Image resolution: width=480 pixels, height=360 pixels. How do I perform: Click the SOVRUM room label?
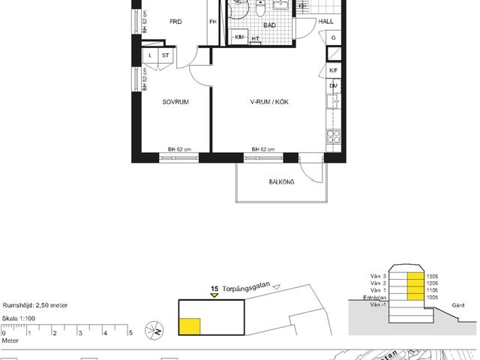(x=175, y=101)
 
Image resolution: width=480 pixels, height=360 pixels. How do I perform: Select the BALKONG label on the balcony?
(x=282, y=182)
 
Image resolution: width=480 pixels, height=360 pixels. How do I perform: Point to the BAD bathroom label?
(x=270, y=25)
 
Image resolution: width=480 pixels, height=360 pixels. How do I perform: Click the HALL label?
(x=326, y=22)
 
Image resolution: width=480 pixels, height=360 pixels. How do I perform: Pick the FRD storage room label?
(x=175, y=22)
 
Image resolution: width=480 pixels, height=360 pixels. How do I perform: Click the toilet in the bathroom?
(x=260, y=8)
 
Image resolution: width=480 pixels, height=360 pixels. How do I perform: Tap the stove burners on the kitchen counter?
(x=333, y=138)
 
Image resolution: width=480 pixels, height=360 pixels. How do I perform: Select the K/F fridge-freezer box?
(x=334, y=70)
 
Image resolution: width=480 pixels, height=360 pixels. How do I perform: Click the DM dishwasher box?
(x=334, y=87)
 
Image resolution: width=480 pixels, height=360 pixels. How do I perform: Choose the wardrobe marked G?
(x=334, y=37)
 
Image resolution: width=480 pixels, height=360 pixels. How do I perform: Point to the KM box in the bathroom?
(x=241, y=37)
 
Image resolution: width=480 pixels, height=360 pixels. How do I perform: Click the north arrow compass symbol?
(x=156, y=328)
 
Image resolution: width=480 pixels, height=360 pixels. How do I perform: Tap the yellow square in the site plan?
(x=190, y=325)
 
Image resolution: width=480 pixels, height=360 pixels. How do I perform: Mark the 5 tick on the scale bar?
(x=131, y=332)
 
